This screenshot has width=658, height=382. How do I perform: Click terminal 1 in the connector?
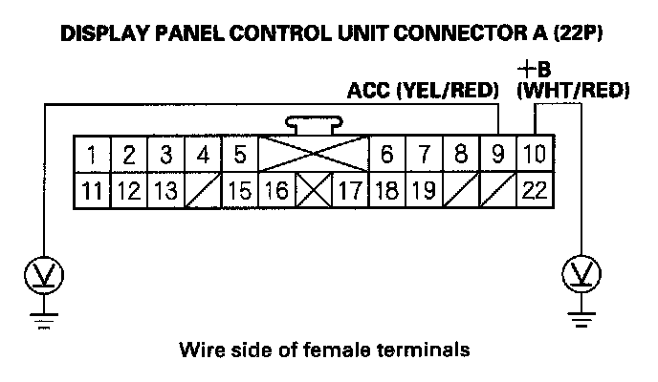pyautogui.click(x=92, y=154)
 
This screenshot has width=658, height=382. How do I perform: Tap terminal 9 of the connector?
pyautogui.click(x=497, y=154)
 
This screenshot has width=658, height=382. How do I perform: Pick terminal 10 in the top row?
pyautogui.click(x=535, y=154)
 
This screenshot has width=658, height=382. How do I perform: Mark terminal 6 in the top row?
pyautogui.click(x=387, y=154)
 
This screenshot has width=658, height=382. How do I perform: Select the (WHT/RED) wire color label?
pyautogui.click(x=572, y=91)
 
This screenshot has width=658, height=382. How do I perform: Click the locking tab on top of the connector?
pyautogui.click(x=313, y=125)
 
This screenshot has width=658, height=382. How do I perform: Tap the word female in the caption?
pyautogui.click(x=343, y=350)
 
